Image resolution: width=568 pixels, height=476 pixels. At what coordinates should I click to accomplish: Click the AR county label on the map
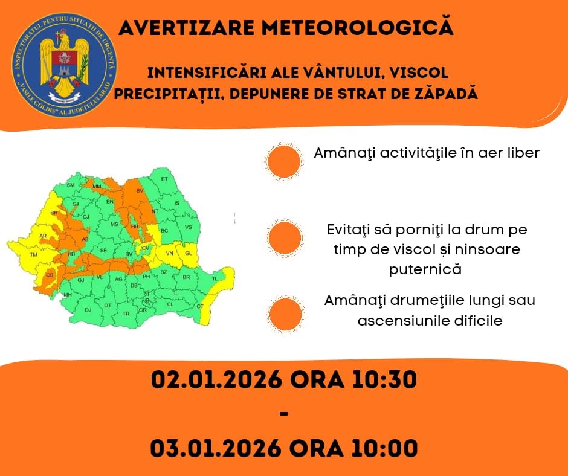(x=42, y=236)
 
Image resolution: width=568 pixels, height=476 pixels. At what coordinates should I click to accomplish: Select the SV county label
(x=140, y=190)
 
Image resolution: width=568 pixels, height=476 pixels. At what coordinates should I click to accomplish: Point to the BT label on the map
(x=164, y=179)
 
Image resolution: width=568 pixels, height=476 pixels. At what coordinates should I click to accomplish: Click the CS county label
(x=50, y=275)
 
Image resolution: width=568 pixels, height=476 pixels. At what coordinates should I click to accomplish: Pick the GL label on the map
(x=188, y=253)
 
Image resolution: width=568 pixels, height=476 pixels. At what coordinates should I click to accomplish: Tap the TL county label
(x=214, y=278)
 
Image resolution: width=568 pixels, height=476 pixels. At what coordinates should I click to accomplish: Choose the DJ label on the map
(x=88, y=310)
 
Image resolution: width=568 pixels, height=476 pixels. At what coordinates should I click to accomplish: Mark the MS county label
(x=114, y=224)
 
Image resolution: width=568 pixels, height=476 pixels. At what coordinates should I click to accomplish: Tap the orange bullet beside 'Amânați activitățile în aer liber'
(x=283, y=161)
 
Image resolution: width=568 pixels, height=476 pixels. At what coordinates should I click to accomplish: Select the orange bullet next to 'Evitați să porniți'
(x=285, y=237)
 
